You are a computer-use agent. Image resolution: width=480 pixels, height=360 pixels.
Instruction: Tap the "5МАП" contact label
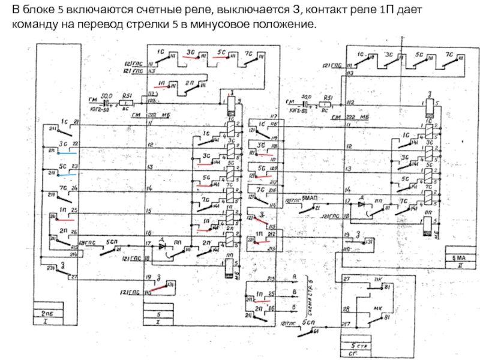[x=309, y=197]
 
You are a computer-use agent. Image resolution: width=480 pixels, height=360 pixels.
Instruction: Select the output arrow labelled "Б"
[x=293, y=307]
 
